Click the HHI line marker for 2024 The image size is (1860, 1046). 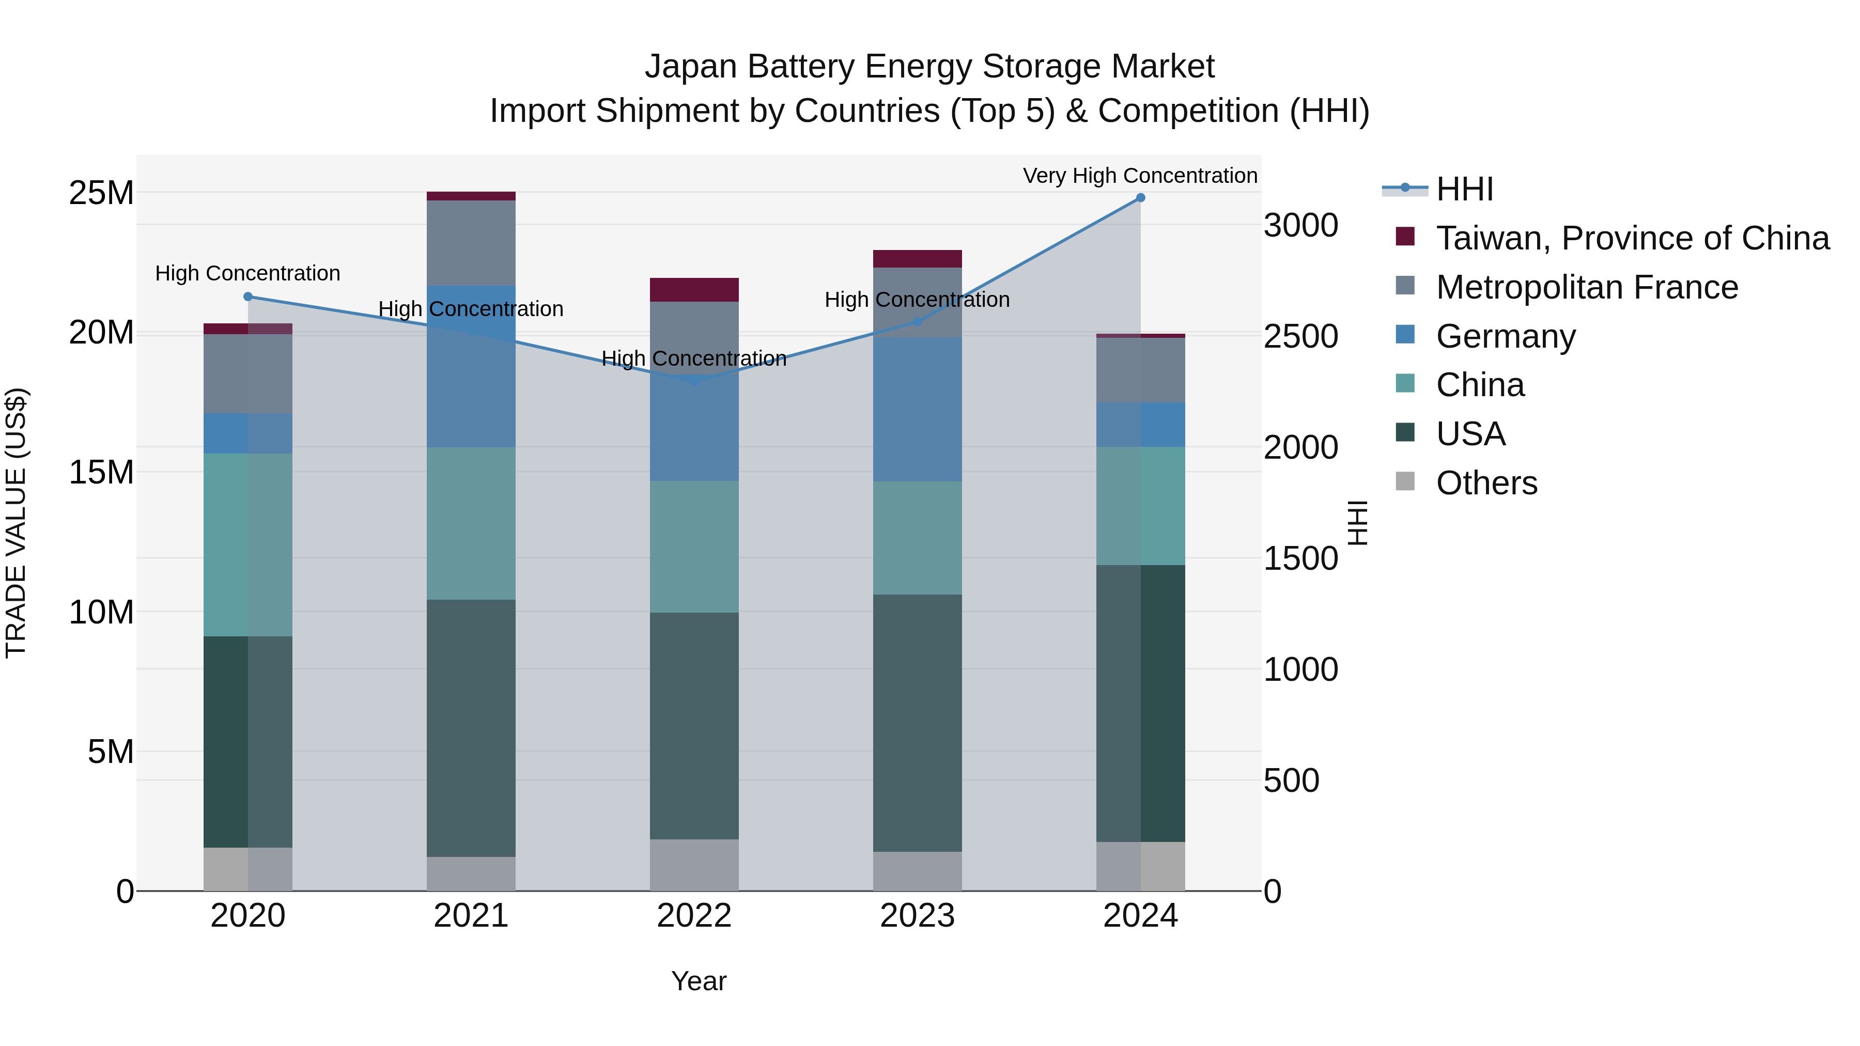coord(1140,197)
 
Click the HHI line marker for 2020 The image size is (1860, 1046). coord(247,296)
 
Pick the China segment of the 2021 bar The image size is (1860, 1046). coord(471,523)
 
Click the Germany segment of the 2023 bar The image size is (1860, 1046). coord(917,409)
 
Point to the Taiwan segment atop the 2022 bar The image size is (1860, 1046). coord(694,289)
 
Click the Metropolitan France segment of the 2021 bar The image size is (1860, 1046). coord(471,243)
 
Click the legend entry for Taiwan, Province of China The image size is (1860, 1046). coord(1632,238)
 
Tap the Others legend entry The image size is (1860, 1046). coord(1486,482)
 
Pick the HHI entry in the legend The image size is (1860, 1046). coord(1464,189)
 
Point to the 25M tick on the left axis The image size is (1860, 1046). coord(101,193)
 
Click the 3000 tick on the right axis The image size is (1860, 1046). coord(1300,225)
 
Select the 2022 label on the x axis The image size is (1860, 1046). coord(694,915)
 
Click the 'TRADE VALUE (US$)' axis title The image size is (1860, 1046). coord(16,523)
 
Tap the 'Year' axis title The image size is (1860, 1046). coord(698,980)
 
